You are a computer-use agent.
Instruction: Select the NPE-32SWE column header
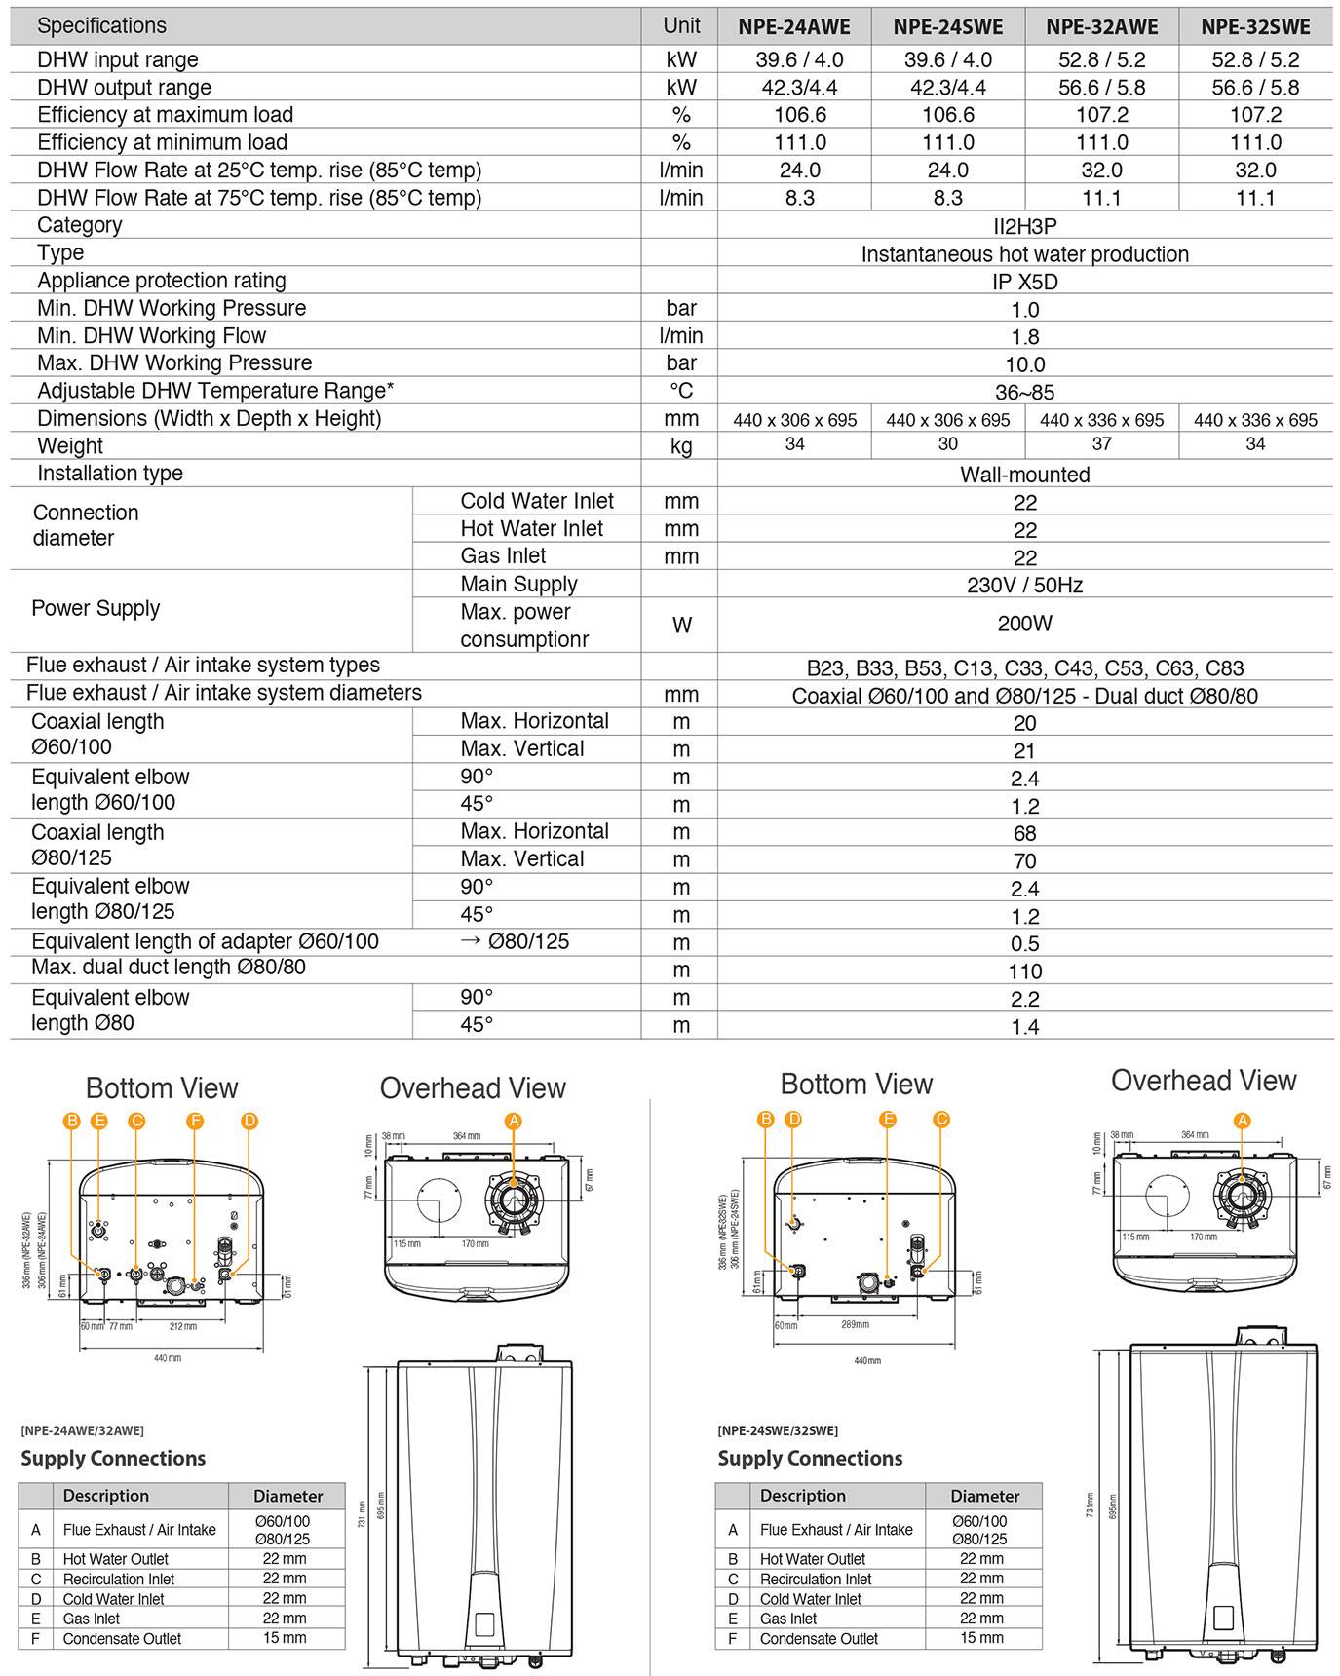[x=1255, y=27]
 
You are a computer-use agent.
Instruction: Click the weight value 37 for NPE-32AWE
[x=1101, y=444]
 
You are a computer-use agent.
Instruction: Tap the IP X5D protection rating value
[x=1024, y=282]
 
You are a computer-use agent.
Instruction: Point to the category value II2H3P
[x=1024, y=226]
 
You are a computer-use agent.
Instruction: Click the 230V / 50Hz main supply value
[x=1024, y=585]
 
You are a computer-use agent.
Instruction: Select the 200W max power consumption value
[x=1024, y=624]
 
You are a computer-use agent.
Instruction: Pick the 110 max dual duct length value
[x=1024, y=971]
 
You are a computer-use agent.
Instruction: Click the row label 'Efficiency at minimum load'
[x=162, y=142]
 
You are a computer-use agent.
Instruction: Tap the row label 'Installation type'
[x=109, y=474]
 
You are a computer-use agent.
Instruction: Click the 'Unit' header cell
[x=681, y=26]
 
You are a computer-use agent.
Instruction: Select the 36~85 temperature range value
[x=1024, y=393]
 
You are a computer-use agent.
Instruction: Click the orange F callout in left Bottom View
[x=195, y=1121]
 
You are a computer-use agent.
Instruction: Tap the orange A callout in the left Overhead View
[x=514, y=1121]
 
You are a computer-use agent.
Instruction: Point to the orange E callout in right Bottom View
[x=888, y=1120]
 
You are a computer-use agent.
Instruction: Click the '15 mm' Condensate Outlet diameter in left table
[x=285, y=1638]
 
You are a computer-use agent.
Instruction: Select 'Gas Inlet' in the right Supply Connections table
[x=787, y=1619]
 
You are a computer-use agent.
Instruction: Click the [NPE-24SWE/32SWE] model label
[x=777, y=1430]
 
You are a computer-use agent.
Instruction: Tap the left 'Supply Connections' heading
[x=113, y=1459]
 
